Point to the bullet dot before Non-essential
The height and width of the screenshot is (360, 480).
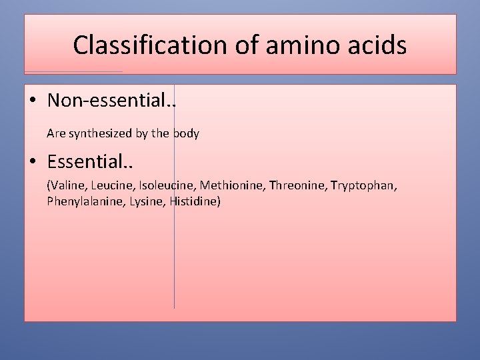(x=33, y=101)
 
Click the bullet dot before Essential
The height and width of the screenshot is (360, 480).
(x=33, y=162)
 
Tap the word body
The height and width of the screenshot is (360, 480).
(x=186, y=133)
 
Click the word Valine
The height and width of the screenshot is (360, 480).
(x=65, y=185)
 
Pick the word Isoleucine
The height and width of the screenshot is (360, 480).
(x=167, y=185)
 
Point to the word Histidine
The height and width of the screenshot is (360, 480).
(x=195, y=201)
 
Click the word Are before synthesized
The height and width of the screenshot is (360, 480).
(x=55, y=133)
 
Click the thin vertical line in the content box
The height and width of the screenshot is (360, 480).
(x=174, y=267)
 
